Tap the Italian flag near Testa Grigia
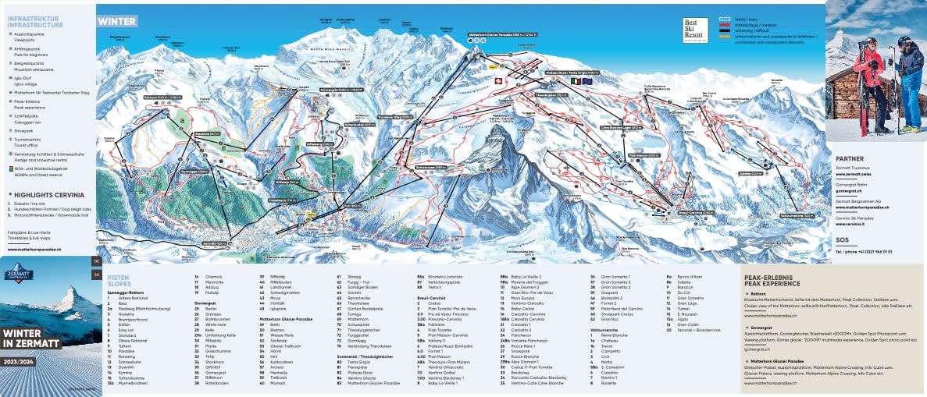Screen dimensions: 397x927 (x=576, y=80)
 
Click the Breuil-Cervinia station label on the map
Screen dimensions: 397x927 (x=675, y=211)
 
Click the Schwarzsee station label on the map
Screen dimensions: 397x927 (x=430, y=166)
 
